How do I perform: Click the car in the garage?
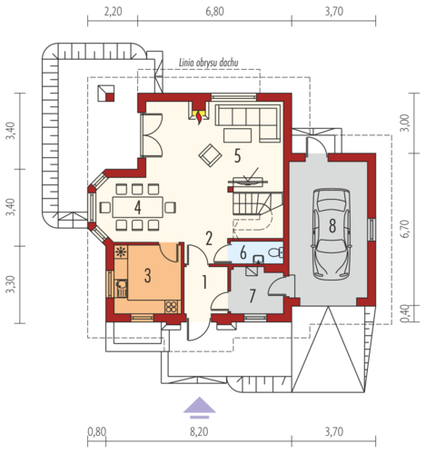(332, 234)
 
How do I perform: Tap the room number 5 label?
(237, 156)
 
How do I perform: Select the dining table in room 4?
(137, 207)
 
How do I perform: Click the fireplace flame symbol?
(199, 118)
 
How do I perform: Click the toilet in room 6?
(275, 252)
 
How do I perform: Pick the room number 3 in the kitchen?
(147, 276)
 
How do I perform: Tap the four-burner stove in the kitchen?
(172, 307)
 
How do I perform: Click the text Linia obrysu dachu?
(209, 63)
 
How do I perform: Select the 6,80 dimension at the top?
(214, 12)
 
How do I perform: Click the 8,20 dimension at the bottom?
(199, 431)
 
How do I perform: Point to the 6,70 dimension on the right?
(406, 229)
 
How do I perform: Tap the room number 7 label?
(253, 296)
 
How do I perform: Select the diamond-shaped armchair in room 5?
(210, 155)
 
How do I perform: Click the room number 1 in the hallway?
(204, 282)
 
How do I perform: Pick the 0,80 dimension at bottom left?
(97, 431)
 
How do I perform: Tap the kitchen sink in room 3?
(121, 288)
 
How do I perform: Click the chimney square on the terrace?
(106, 94)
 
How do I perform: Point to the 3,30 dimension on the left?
(11, 284)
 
